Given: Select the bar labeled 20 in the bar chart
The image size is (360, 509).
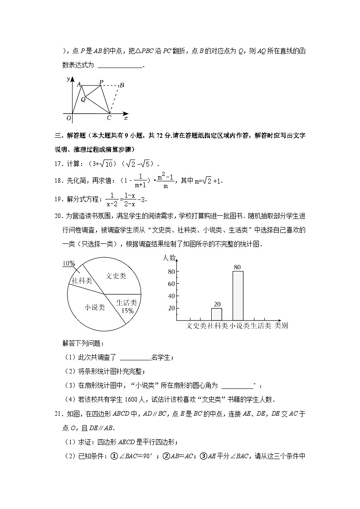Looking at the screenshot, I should pyautogui.click(x=216, y=314).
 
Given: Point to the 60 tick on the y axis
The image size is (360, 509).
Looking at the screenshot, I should pyautogui.click(x=171, y=284).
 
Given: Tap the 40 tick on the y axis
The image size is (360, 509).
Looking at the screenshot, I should pyautogui.click(x=171, y=296).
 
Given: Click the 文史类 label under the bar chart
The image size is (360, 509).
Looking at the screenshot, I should pyautogui.click(x=196, y=325).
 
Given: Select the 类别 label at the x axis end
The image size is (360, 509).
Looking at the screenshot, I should pyautogui.click(x=281, y=325).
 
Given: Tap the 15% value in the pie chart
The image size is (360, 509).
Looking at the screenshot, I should pyautogui.click(x=127, y=310).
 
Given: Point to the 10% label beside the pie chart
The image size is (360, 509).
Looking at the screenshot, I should pyautogui.click(x=69, y=263).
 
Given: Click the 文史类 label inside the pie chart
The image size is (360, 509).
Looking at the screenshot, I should pyautogui.click(x=116, y=276).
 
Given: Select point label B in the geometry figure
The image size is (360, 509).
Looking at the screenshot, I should pyautogui.click(x=122, y=85).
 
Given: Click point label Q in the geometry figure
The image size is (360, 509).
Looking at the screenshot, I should pyautogui.click(x=83, y=99).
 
